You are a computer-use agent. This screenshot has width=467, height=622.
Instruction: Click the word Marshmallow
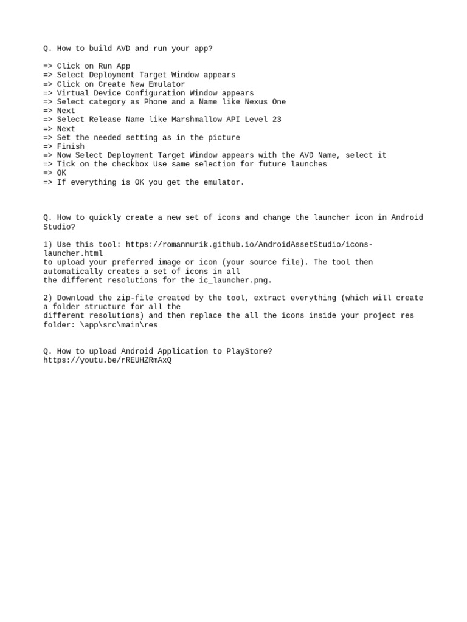coord(199,120)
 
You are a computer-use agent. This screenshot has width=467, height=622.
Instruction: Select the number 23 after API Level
coord(277,120)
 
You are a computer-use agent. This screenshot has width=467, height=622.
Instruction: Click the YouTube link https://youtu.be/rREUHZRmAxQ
coord(107,360)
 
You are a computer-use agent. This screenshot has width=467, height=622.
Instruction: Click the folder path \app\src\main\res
coord(121,324)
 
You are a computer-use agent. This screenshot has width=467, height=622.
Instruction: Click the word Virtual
coord(73,93)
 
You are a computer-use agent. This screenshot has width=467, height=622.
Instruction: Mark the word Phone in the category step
coord(155,102)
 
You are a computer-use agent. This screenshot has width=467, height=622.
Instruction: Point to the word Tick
coord(66,164)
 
